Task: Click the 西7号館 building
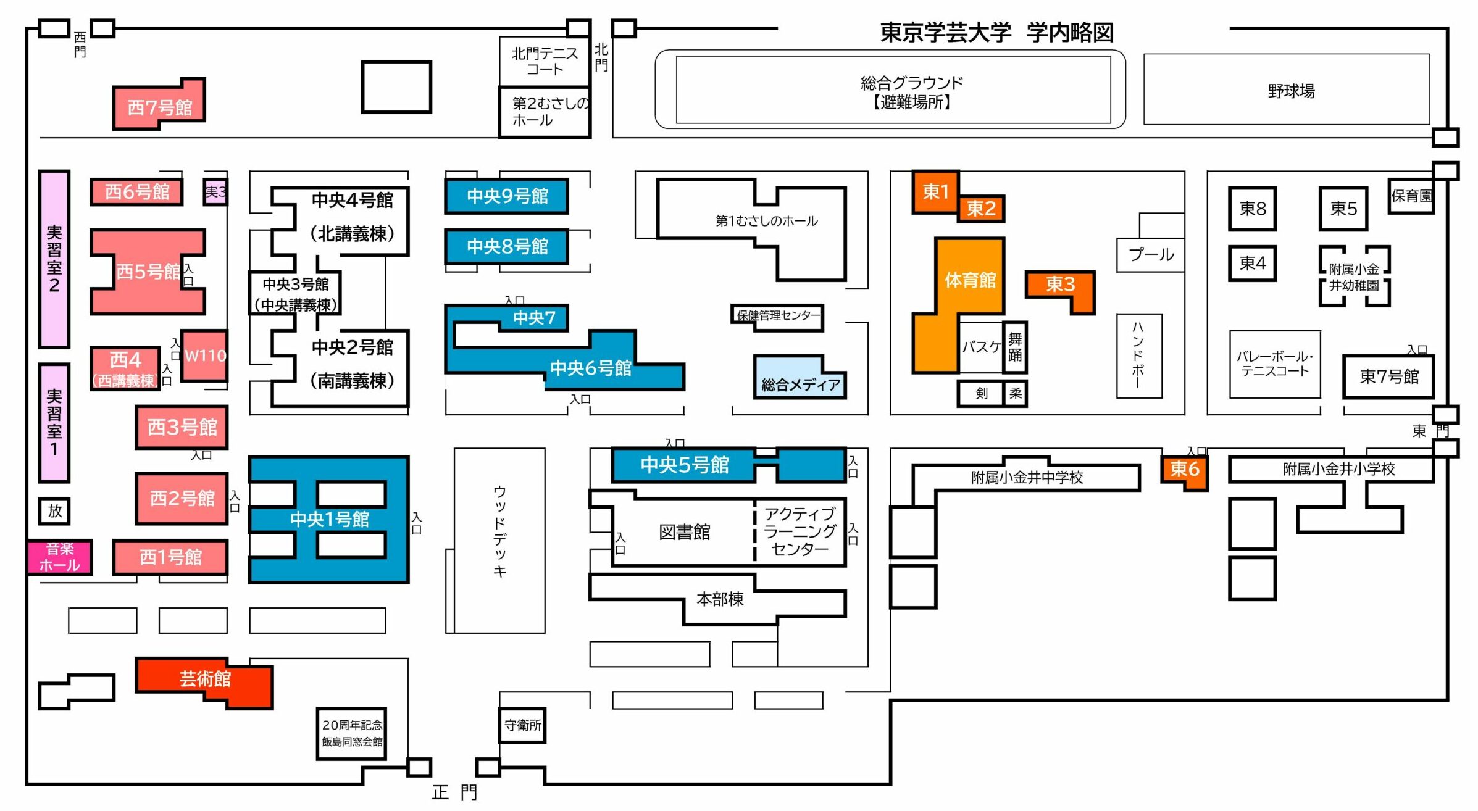point(159,107)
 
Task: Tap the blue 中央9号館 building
point(506,196)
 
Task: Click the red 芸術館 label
point(204,679)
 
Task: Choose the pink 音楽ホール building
point(60,557)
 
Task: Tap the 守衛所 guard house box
point(522,725)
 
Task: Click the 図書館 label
point(684,532)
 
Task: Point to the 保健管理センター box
point(778,316)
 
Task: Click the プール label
point(1150,255)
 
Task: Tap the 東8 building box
point(1252,209)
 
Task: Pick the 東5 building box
point(1343,209)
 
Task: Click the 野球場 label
point(1290,91)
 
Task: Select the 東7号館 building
point(1388,376)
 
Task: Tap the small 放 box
point(54,511)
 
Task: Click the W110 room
point(205,356)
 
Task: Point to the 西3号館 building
point(182,427)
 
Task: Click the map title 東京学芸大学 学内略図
point(996,32)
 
